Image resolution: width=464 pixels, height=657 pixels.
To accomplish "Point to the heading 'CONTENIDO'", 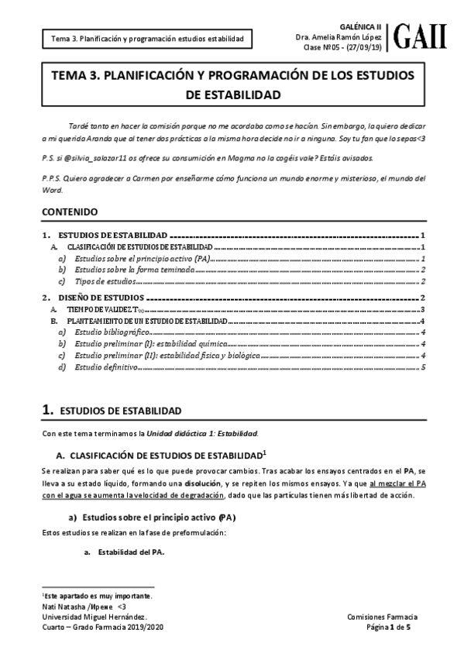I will (70, 211).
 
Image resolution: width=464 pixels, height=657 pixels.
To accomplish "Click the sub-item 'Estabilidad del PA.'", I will (125, 552).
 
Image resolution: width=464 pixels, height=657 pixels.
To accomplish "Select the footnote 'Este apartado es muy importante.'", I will (98, 595).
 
